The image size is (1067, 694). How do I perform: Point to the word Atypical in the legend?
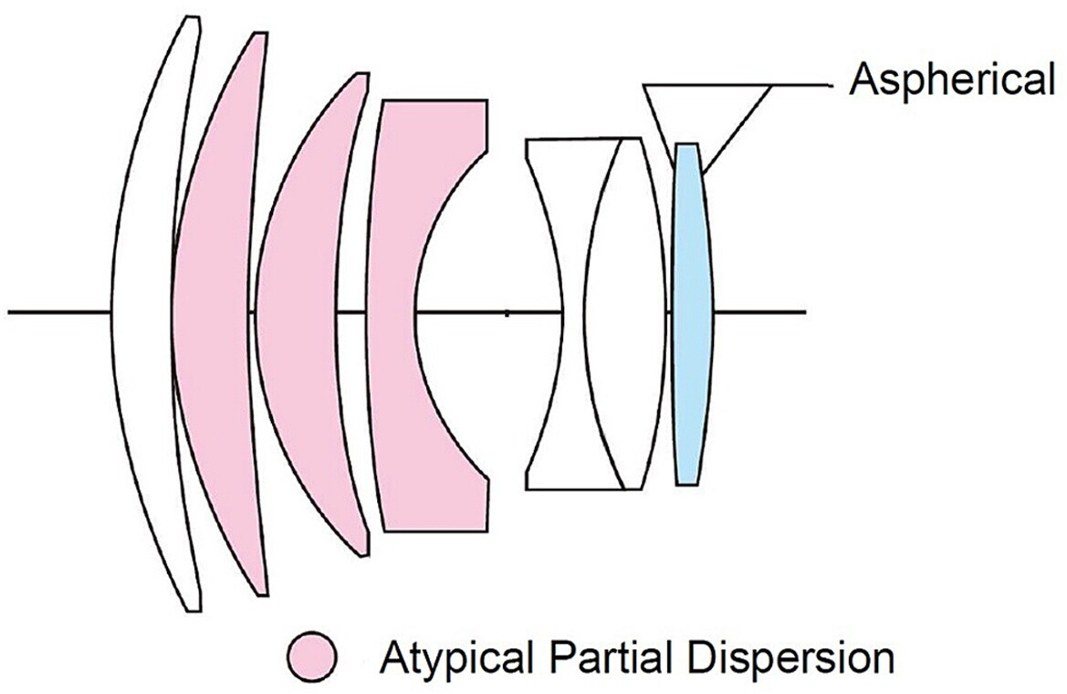(x=443, y=657)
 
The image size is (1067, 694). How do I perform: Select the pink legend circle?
(x=312, y=656)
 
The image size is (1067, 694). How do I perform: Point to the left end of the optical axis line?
(x=11, y=312)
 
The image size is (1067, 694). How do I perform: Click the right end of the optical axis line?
(x=803, y=312)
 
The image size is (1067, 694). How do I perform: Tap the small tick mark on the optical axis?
(x=507, y=312)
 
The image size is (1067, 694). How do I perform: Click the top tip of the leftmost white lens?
(x=191, y=18)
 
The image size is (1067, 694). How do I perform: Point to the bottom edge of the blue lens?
(x=686, y=483)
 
